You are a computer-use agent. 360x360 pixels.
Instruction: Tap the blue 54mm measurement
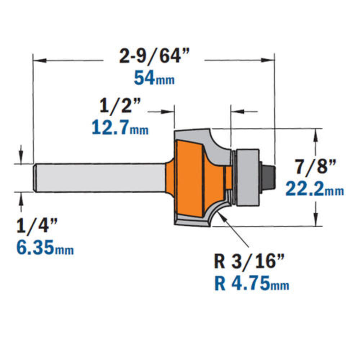tap(154, 78)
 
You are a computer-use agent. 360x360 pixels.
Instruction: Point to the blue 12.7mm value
tap(120, 128)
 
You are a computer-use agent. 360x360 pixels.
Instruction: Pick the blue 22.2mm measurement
tap(315, 189)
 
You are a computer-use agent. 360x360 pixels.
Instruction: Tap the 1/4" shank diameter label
tap(37, 226)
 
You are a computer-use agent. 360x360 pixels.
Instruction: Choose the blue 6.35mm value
tap(45, 248)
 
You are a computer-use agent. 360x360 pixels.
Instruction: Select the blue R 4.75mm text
tap(252, 283)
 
